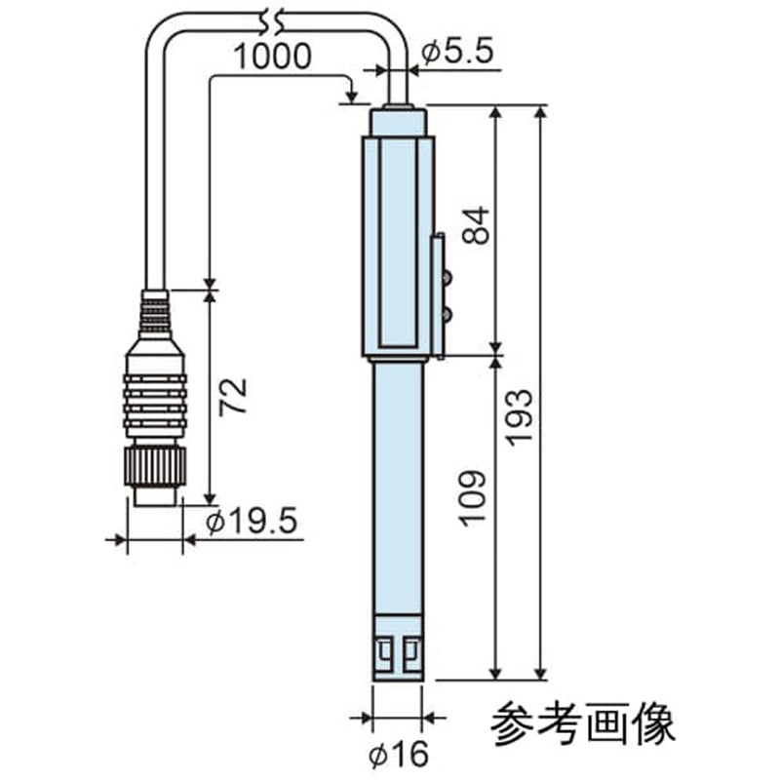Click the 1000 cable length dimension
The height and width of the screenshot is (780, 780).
coord(273,56)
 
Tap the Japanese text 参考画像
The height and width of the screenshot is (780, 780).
coord(583,724)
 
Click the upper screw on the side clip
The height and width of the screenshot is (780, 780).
coord(447,278)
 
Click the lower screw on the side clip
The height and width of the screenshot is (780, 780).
coord(447,313)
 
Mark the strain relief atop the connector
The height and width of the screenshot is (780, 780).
coord(154,314)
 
